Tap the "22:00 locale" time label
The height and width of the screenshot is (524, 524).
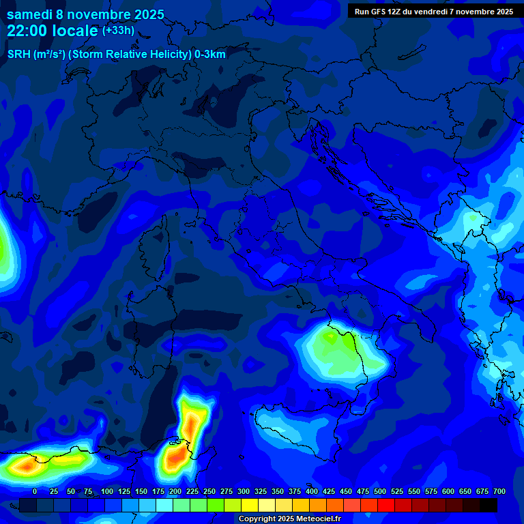point(52,31)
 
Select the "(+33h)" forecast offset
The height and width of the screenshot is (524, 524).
point(118,31)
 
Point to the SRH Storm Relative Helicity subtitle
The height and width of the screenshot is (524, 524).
point(116,55)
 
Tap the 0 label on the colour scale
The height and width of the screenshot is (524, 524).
point(35,492)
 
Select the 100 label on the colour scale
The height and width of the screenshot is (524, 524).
point(107,492)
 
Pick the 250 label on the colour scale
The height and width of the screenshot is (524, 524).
point(209,492)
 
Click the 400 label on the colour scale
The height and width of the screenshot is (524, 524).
point(312,492)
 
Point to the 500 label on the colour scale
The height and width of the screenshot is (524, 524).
point(380,492)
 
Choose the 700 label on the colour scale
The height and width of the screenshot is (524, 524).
point(499,492)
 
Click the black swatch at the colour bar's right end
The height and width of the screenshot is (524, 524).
point(489,505)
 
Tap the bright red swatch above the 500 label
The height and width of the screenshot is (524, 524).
point(386,505)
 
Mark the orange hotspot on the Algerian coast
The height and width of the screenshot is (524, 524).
point(26,466)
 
